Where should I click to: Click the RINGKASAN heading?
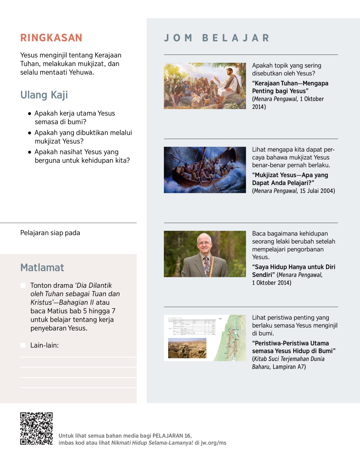51,38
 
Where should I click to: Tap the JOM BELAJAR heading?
217,38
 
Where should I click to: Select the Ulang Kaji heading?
44,95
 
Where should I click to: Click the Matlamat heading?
42,267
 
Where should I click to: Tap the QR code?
36,428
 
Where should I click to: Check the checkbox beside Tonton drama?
23,285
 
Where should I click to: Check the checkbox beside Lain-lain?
23,345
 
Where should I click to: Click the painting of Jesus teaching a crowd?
205,86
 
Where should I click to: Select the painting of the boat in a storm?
205,170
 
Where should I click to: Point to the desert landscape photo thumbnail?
187,348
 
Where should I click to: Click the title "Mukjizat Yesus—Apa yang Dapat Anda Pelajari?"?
290,179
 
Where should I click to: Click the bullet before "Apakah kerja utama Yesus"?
29,114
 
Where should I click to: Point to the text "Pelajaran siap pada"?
50,233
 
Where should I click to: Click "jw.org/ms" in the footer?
213,443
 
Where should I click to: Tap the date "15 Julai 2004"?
317,191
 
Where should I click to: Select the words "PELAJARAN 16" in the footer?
172,436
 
